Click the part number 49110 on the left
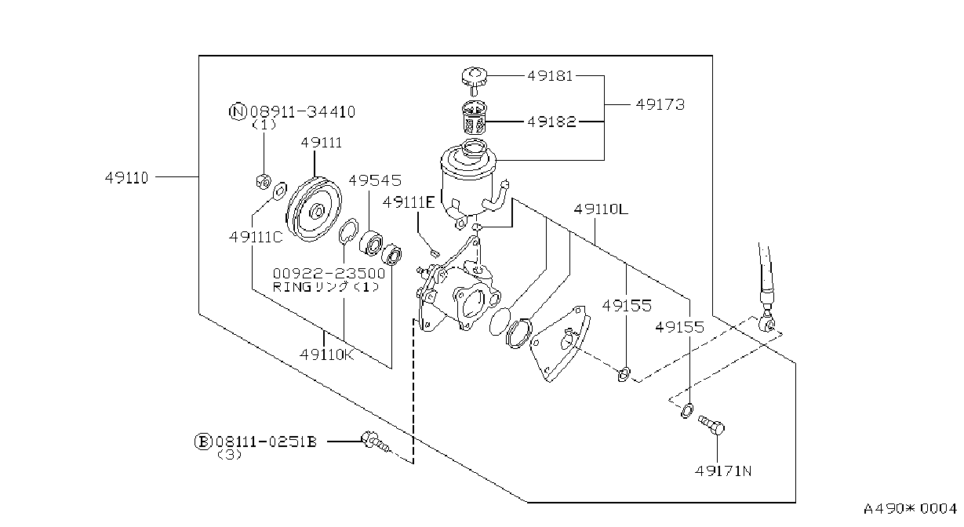pos(126,177)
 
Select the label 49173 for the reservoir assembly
pos(660,104)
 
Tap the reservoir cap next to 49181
pos(474,80)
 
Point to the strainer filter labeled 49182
pos(475,118)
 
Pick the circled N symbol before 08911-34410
pos(238,112)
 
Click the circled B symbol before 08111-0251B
pos(202,442)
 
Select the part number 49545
pos(374,180)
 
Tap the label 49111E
pos(409,202)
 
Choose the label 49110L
pos(601,209)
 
